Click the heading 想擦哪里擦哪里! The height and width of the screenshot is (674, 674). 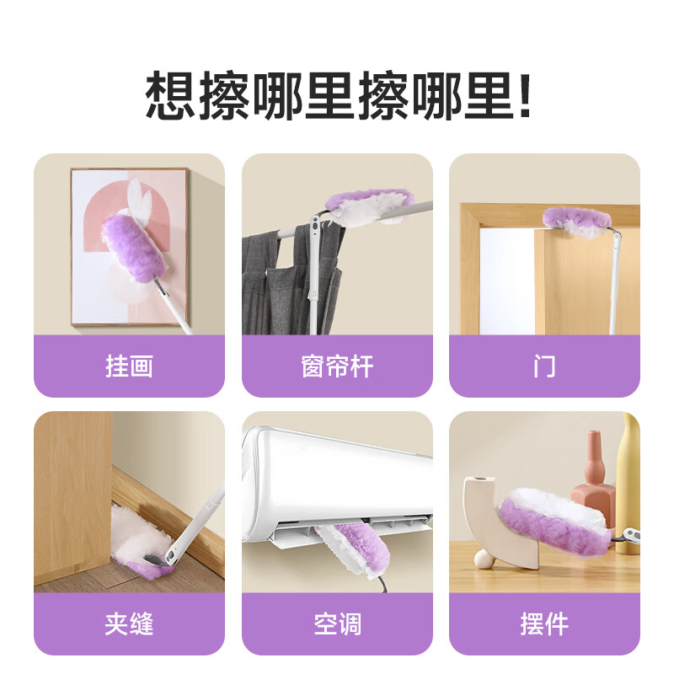[x=337, y=94]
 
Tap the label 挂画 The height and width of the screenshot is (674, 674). [x=129, y=366]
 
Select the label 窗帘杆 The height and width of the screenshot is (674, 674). [x=337, y=366]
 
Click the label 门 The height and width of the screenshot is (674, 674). [x=544, y=366]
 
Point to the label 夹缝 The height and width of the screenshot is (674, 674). [x=129, y=624]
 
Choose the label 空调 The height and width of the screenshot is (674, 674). [x=337, y=624]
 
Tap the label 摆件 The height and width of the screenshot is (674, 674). [x=544, y=624]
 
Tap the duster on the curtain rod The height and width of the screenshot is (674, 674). [x=371, y=206]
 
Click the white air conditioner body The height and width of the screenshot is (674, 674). [x=337, y=476]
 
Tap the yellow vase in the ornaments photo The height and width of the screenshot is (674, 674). [x=628, y=480]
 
